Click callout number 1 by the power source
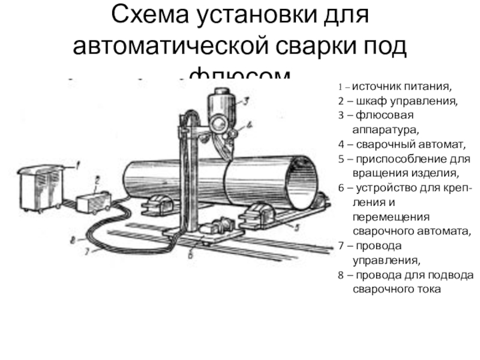[x=77, y=160]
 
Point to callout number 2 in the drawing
[x=97, y=179]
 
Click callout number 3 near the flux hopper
[x=245, y=101]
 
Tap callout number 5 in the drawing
[x=295, y=227]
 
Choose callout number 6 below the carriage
[x=191, y=254]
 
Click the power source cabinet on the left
[x=42, y=187]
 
